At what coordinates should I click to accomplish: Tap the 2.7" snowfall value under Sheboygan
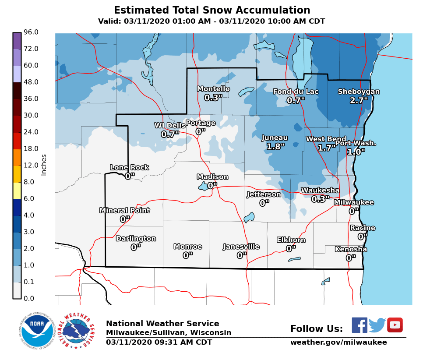359,100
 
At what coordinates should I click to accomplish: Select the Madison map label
212,177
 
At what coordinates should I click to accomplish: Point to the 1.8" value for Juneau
275,146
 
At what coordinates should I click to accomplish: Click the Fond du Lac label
296,92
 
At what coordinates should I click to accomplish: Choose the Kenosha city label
351,249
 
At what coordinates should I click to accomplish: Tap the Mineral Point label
125,211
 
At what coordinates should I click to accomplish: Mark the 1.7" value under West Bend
327,148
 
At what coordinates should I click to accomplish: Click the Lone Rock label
129,167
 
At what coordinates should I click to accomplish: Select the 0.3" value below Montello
213,98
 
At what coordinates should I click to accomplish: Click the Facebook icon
360,325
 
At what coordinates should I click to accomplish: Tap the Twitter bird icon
377,325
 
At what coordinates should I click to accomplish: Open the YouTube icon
395,325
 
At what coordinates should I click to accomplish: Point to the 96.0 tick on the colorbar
31,32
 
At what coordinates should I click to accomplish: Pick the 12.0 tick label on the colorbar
31,166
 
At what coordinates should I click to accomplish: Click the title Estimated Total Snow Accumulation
212,11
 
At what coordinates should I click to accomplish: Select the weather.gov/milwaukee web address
338,342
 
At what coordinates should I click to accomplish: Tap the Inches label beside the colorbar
44,165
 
